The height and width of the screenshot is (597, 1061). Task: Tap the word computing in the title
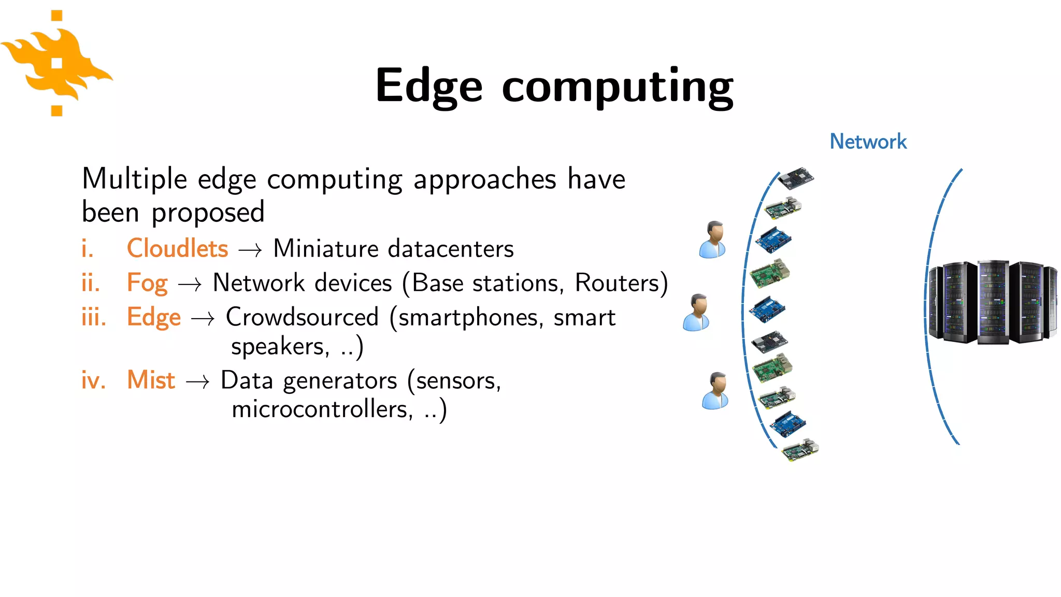[617, 87]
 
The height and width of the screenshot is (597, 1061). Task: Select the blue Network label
[868, 141]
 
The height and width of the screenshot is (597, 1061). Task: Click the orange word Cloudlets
[177, 248]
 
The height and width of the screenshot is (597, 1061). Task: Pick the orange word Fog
[147, 283]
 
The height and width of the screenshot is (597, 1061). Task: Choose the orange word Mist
[151, 380]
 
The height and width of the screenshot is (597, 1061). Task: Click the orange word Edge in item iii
[154, 318]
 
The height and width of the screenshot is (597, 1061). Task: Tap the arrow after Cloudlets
[250, 251]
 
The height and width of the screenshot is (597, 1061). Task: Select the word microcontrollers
[322, 409]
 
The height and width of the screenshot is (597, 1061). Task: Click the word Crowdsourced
[302, 317]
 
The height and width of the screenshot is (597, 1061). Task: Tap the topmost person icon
[713, 239]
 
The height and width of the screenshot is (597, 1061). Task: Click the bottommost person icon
[715, 391]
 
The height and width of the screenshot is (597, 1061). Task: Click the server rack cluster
[992, 302]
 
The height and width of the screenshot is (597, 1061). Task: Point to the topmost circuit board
[796, 179]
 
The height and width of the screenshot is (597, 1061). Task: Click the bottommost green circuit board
[800, 450]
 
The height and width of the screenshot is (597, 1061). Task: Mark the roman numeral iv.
[93, 380]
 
